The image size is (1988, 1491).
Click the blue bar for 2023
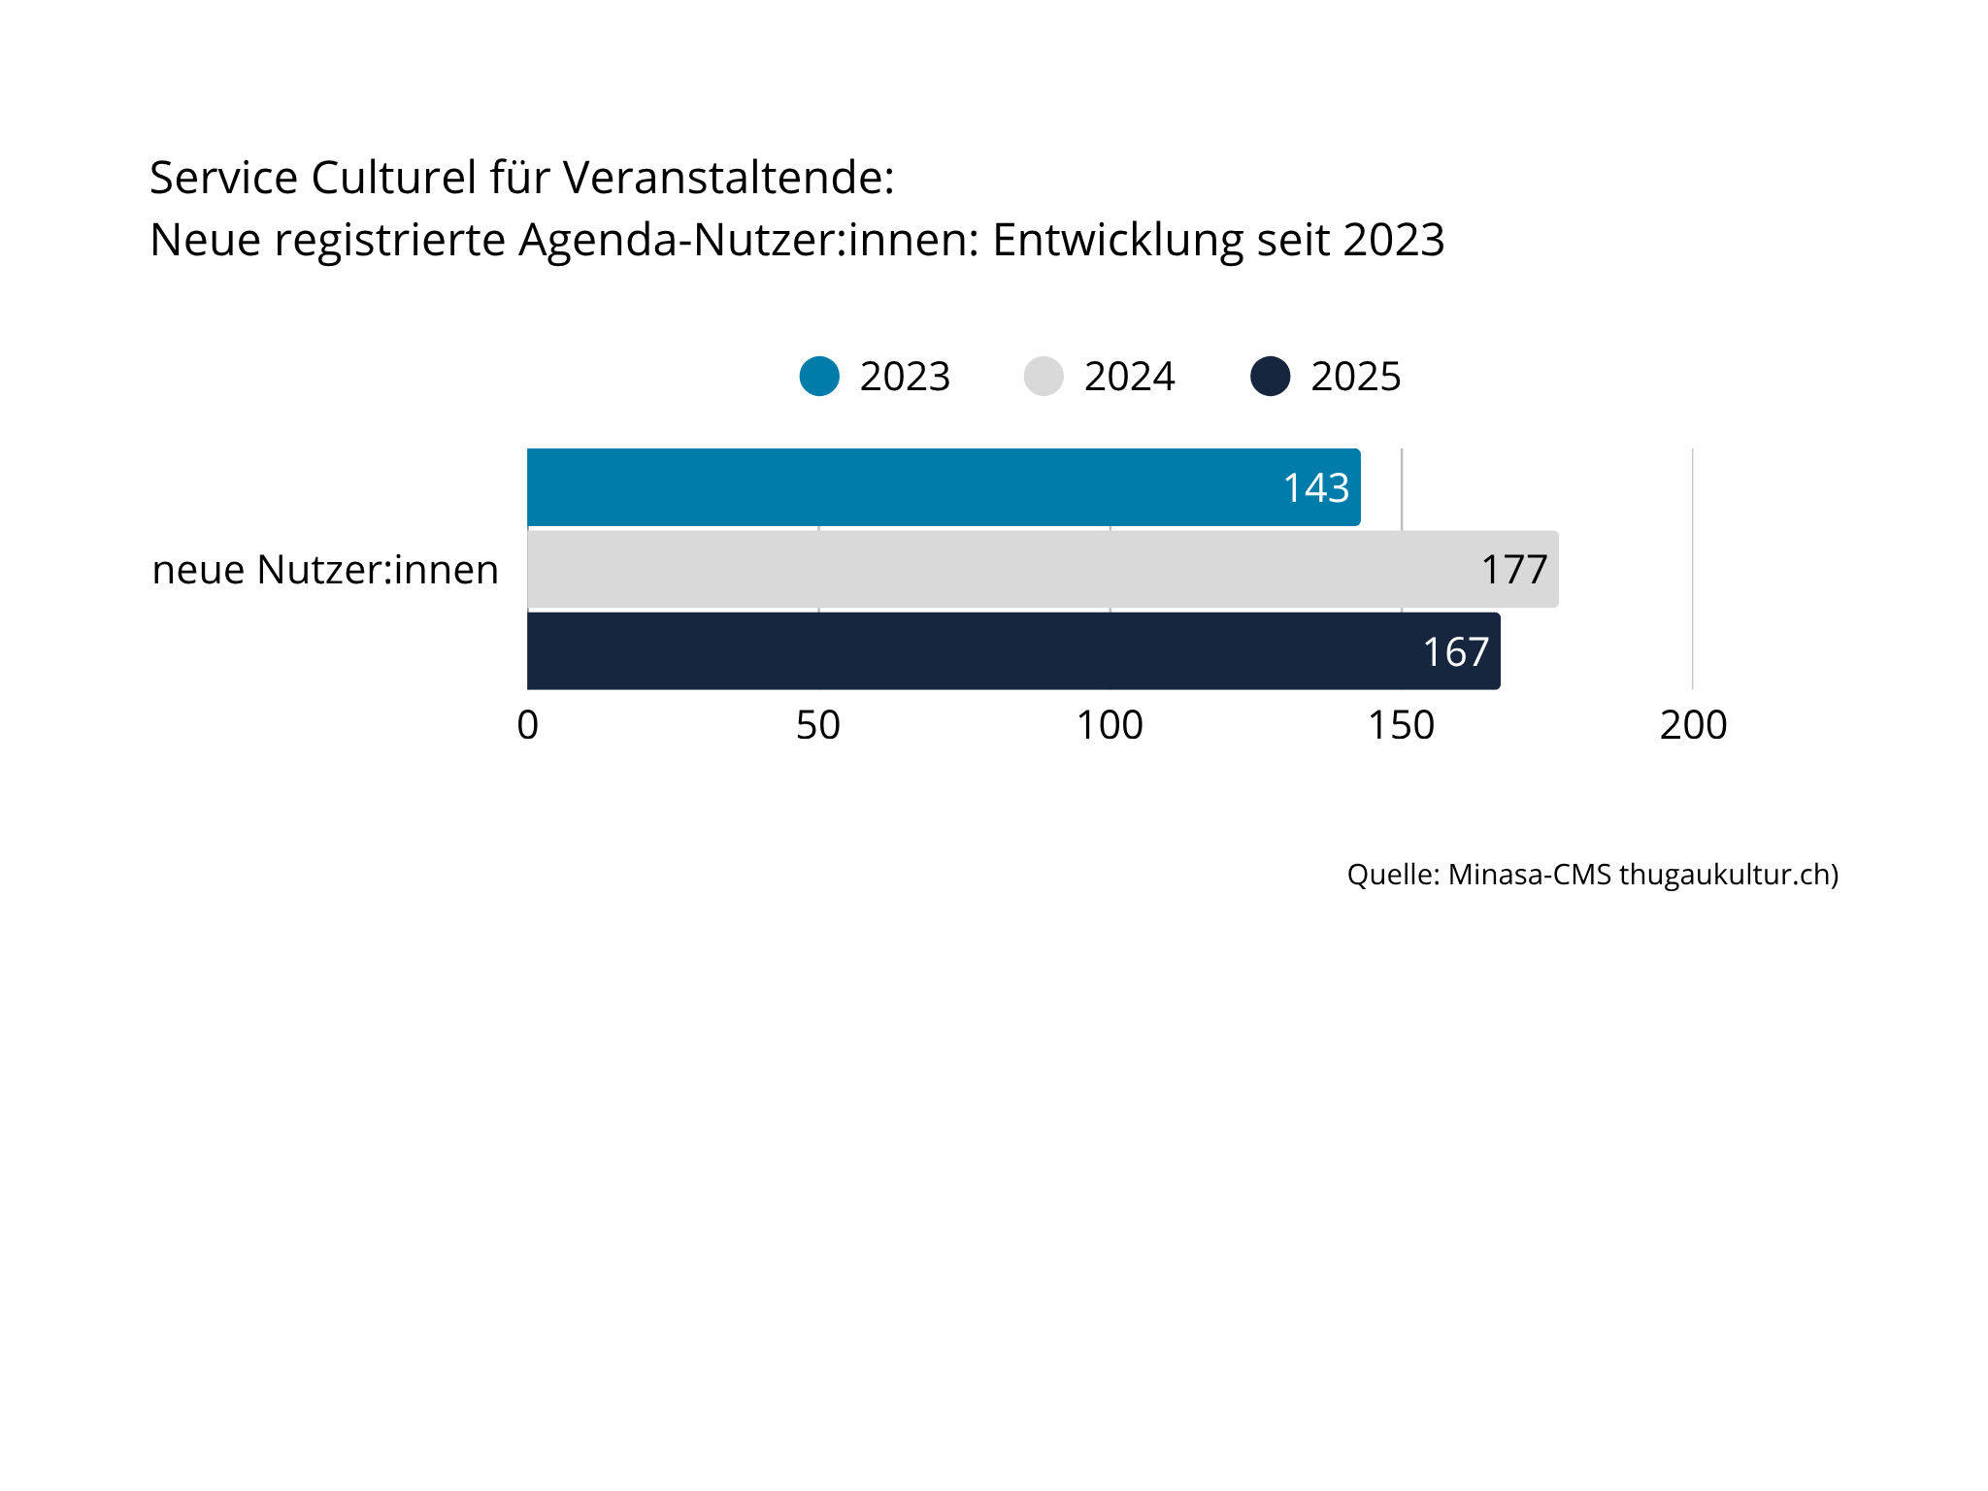click(944, 487)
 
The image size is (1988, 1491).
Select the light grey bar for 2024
click(1043, 569)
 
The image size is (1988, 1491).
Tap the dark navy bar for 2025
click(1013, 650)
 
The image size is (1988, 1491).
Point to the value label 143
click(1315, 487)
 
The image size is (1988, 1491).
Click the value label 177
click(1513, 570)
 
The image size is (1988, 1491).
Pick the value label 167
click(1455, 651)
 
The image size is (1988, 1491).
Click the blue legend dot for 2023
click(819, 377)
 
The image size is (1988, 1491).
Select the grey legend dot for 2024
click(1044, 377)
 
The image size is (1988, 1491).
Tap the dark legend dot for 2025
click(1270, 377)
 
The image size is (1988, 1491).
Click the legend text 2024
click(1129, 377)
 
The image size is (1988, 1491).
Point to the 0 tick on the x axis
click(527, 725)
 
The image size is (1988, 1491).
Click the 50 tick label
click(818, 725)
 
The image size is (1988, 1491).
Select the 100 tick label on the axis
click(1110, 725)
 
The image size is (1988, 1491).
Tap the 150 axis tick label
click(1401, 725)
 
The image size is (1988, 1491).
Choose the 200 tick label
click(1693, 725)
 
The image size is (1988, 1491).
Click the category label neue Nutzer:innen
click(325, 570)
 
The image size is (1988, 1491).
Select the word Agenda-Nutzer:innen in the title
click(748, 240)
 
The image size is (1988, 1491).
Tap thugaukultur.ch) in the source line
click(1729, 875)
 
